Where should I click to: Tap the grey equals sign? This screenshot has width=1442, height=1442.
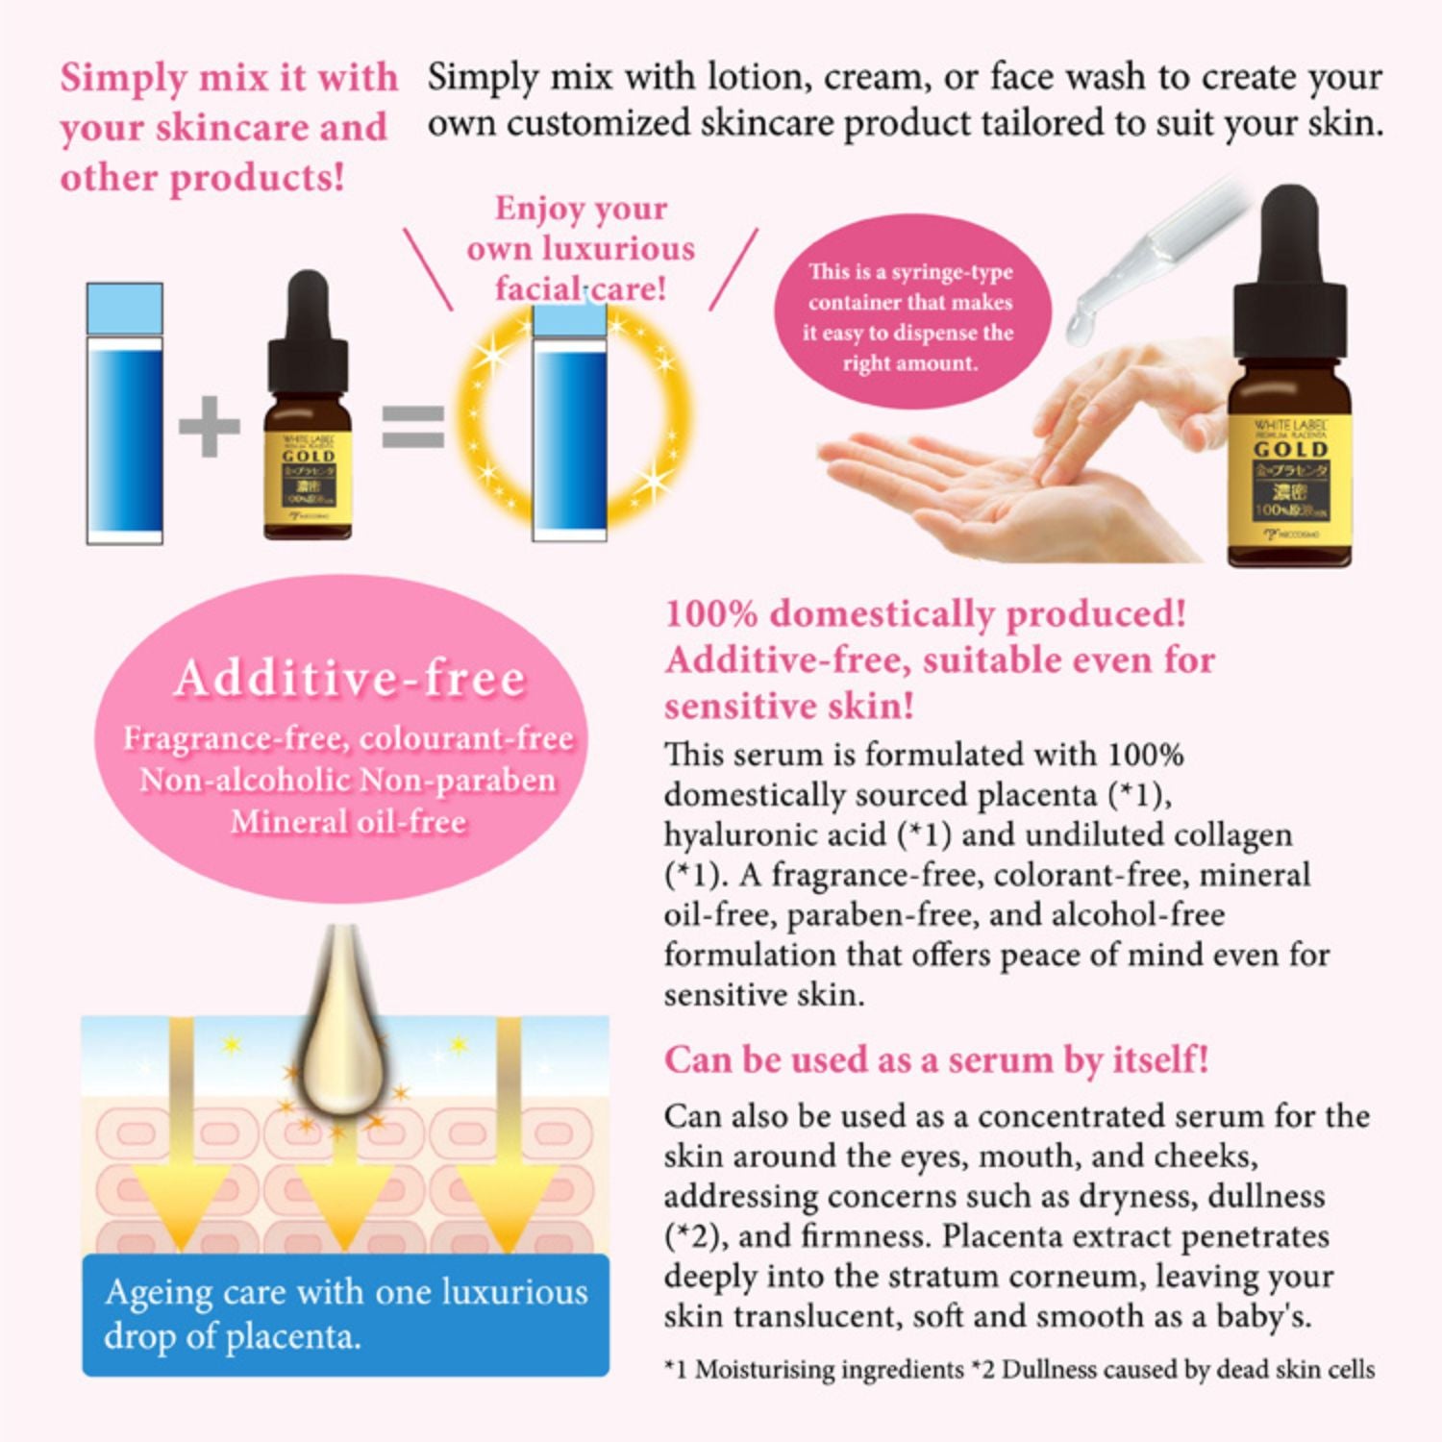coord(412,426)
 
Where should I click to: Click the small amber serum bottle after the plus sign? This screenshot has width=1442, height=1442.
coord(308,423)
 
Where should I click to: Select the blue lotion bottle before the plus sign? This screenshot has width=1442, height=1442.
coord(125,413)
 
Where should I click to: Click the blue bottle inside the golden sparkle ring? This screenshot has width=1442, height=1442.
coord(569,423)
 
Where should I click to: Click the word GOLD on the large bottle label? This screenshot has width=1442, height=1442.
coord(1290,449)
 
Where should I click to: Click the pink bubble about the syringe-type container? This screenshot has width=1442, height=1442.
coord(910,316)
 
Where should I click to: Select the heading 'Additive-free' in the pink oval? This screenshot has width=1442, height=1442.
coord(351,679)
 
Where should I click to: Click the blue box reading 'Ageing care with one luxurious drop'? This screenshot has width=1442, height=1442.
coord(346,1314)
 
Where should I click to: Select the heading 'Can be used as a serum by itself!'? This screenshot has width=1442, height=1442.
coord(935,1059)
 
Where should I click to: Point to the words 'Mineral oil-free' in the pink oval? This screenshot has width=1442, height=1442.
coord(348,822)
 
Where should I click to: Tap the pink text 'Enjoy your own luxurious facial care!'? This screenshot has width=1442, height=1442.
coord(581,248)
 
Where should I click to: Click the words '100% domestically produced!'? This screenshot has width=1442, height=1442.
coord(925,613)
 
